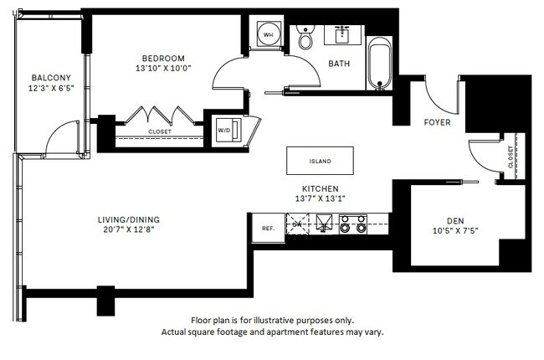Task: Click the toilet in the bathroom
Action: [305, 38]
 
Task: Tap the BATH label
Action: [340, 64]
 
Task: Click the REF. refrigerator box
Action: [268, 227]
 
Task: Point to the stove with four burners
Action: [352, 224]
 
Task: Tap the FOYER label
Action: [437, 122]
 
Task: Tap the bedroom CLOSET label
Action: [160, 131]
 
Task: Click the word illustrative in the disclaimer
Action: [290, 321]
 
